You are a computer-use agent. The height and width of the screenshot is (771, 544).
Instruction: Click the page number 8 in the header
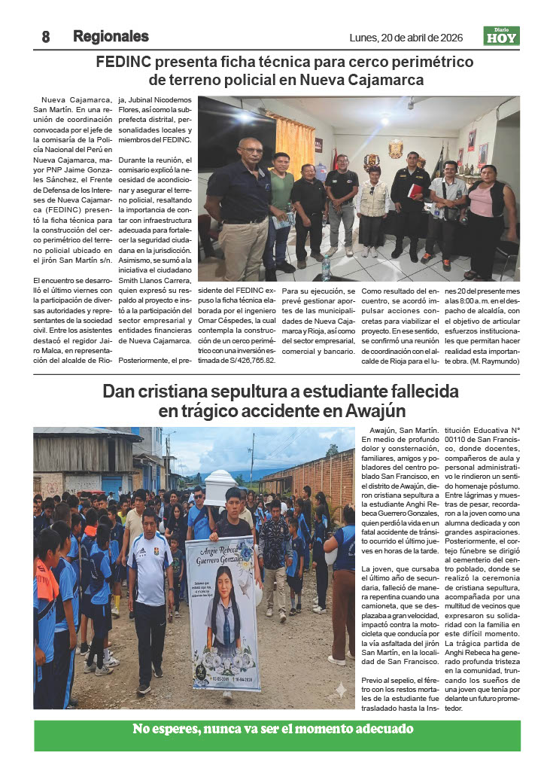pos(46,37)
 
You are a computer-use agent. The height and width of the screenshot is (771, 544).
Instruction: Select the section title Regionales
pos(111,36)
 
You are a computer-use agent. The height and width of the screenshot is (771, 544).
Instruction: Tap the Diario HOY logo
pos(501,35)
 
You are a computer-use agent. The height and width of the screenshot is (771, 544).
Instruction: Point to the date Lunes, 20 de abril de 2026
pos(406,37)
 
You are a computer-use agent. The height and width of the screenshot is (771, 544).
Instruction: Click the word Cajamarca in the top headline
pos(384,80)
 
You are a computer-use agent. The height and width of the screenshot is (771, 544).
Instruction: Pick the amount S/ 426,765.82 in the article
pos(245,361)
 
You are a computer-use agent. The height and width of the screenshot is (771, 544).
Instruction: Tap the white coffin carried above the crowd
pos(221,487)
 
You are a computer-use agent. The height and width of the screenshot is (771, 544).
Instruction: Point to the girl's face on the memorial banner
pos(223,605)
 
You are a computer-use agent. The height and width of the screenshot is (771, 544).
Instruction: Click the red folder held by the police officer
pos(415,191)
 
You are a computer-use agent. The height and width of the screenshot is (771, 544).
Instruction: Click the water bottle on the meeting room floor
pos(326,267)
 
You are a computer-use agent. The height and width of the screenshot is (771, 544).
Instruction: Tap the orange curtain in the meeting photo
pos(295,143)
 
